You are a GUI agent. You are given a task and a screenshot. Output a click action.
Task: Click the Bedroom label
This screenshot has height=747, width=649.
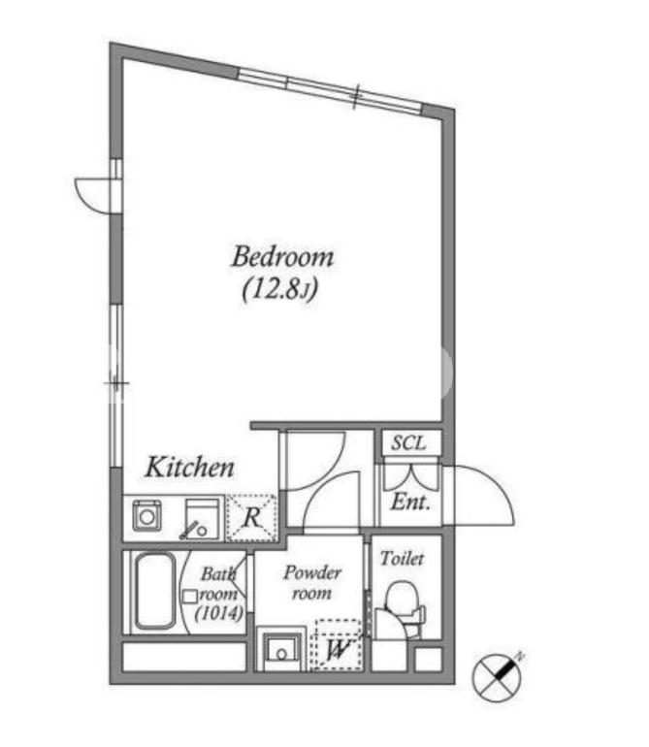pos(282,257)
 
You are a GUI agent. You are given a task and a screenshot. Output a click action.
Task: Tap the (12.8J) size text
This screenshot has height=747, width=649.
pos(280,288)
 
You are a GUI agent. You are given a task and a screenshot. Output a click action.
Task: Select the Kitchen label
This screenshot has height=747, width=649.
pos(189,468)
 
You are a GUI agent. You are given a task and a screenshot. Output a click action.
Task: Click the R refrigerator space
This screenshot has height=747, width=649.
pos(252,518)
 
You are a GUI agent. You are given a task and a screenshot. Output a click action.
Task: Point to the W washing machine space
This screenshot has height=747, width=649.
pos(337,644)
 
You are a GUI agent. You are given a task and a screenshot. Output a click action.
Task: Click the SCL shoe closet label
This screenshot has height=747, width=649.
pos(408,443)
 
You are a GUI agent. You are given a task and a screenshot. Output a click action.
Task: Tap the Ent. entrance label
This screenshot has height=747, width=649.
pos(410,503)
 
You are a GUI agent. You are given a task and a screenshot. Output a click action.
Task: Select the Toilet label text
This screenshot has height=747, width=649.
pos(402,559)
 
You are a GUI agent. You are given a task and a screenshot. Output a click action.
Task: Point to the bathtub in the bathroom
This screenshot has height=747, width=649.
pos(154,591)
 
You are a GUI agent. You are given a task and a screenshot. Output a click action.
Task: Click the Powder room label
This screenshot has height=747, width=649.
pos(312,583)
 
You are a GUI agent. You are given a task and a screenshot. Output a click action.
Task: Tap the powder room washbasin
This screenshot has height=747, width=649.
pos(280,649)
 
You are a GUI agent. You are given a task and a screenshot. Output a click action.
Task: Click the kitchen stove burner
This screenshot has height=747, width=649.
pos(146,515)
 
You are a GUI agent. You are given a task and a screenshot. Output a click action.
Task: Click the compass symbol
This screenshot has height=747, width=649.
pos(498,676)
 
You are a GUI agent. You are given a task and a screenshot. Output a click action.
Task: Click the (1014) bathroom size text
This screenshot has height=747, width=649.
pos(219,613)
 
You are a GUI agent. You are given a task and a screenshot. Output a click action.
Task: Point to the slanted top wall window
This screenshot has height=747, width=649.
pos(330,90)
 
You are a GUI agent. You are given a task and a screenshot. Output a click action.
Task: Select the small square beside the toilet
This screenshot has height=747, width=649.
pos(428,660)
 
